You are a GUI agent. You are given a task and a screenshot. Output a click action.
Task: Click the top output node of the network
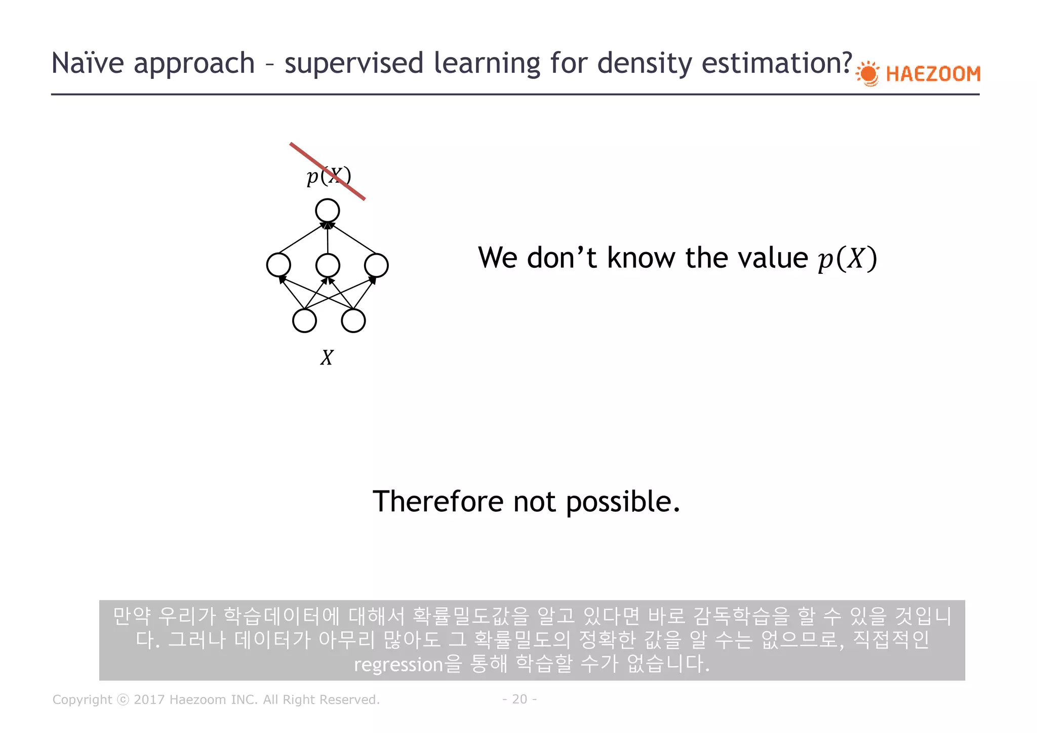coord(328,211)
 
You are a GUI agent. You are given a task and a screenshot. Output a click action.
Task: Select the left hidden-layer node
coord(278,265)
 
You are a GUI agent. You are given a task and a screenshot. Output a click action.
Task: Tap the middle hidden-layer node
coord(328,265)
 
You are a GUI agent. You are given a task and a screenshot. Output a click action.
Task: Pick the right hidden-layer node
coord(376,265)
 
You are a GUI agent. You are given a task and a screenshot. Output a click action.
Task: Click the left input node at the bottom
coord(304,320)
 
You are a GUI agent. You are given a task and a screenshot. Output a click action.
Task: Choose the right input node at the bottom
coord(353,320)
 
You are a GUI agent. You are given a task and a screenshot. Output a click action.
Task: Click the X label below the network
coord(327,358)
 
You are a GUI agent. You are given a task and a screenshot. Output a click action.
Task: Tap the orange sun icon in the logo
coord(869,74)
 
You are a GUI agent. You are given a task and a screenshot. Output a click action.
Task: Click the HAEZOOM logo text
coord(933,74)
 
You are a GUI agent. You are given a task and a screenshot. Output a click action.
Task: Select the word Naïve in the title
coord(88,63)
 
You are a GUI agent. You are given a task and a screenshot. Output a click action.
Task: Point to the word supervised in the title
coord(353,63)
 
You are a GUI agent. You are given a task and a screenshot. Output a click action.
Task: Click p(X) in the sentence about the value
coord(847,259)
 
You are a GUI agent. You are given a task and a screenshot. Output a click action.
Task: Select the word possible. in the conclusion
coord(623,502)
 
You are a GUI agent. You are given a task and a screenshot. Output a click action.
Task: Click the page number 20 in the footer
coord(520,699)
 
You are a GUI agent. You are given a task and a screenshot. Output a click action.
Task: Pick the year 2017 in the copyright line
coord(149,700)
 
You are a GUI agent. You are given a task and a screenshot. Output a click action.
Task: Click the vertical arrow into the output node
coord(328,238)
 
